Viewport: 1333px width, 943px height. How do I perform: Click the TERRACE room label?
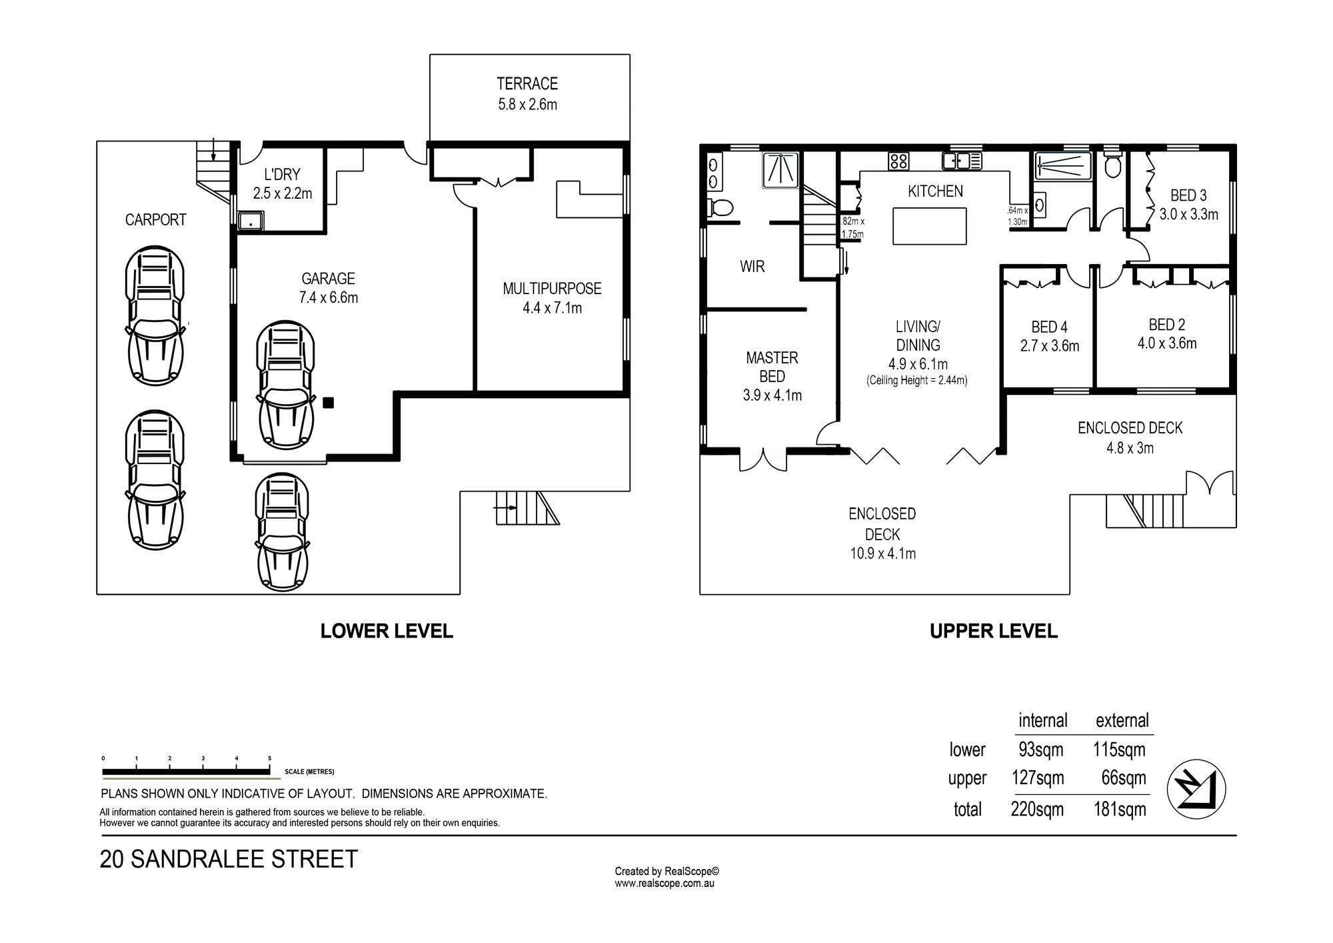tap(527, 83)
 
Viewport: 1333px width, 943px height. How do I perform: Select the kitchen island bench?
tap(929, 226)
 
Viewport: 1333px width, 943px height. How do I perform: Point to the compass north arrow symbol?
tap(1196, 788)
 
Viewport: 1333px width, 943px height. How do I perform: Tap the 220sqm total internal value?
tap(1037, 810)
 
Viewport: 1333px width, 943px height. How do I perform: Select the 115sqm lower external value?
tap(1119, 750)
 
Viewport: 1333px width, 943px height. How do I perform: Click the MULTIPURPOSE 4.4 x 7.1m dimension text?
tap(552, 308)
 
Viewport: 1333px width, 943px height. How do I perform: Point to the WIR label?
tap(752, 267)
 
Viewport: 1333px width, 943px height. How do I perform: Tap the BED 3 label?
tap(1188, 195)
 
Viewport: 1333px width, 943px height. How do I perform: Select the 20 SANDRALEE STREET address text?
tap(229, 859)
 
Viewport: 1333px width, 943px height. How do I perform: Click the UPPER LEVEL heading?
tap(993, 631)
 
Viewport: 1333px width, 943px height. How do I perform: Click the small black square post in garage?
tap(328, 402)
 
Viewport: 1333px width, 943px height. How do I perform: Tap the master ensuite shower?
tap(780, 169)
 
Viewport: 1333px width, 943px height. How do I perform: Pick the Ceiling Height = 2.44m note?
tap(917, 381)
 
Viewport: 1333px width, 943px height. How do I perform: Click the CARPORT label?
tap(155, 219)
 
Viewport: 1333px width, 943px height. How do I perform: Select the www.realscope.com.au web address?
tap(665, 883)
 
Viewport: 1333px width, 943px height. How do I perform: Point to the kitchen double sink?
tap(962, 160)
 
